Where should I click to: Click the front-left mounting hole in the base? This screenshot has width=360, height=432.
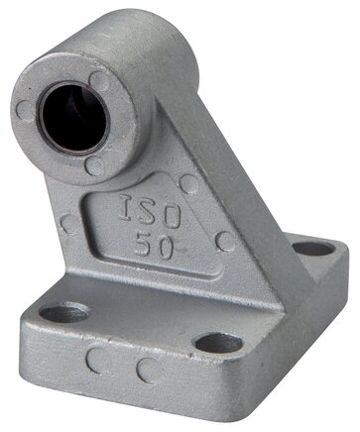pos(63,313)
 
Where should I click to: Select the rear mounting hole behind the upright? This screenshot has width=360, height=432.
pos(313,249)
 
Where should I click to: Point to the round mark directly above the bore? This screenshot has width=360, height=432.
pos(99,78)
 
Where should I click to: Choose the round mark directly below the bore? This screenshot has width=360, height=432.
pos(95,164)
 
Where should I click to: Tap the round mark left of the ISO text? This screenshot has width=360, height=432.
pos(69,224)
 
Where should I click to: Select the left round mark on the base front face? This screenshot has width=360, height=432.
pos(95,361)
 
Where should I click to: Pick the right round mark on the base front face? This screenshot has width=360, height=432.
pos(149,371)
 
